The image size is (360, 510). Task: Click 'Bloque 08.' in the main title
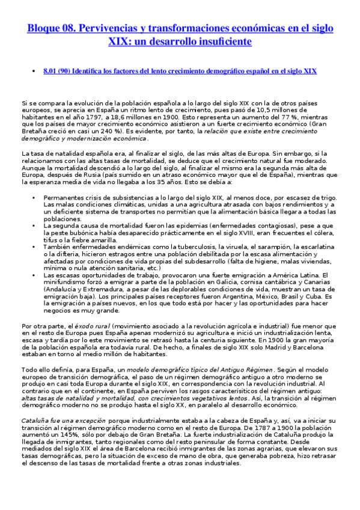point(50,28)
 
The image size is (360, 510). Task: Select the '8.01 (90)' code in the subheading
point(57,71)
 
